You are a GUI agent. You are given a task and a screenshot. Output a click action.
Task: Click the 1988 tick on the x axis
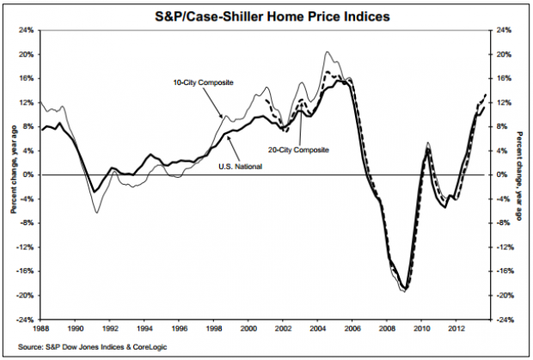tap(41, 328)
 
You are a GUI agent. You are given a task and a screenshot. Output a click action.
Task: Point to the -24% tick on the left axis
tap(27, 320)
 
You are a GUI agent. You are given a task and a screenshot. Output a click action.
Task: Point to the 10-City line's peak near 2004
tap(328, 52)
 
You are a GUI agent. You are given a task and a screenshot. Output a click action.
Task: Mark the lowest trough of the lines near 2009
tap(403, 291)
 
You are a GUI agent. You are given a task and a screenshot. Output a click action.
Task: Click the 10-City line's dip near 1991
tap(96, 211)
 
